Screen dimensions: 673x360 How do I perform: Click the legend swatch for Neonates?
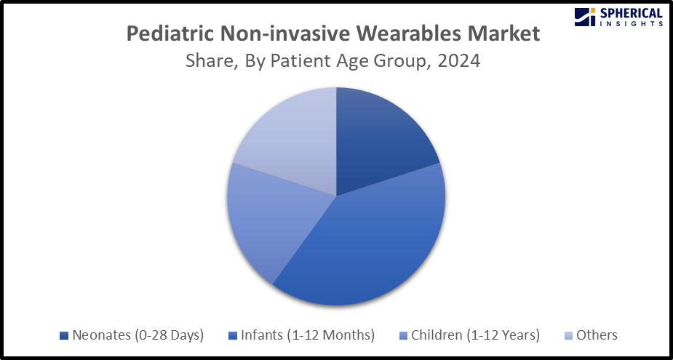coord(64,335)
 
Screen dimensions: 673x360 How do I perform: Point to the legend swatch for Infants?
coord(233,335)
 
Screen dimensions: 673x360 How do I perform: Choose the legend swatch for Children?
coord(404,335)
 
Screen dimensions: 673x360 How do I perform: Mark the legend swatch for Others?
coord(569,335)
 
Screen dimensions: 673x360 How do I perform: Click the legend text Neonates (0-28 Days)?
coord(138,335)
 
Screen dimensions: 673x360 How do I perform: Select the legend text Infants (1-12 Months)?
coord(307,335)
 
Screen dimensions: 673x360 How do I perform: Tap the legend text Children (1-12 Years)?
coord(475,335)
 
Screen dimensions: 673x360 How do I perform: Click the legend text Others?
coord(597,335)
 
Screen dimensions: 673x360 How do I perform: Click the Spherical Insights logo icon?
coord(584,16)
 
